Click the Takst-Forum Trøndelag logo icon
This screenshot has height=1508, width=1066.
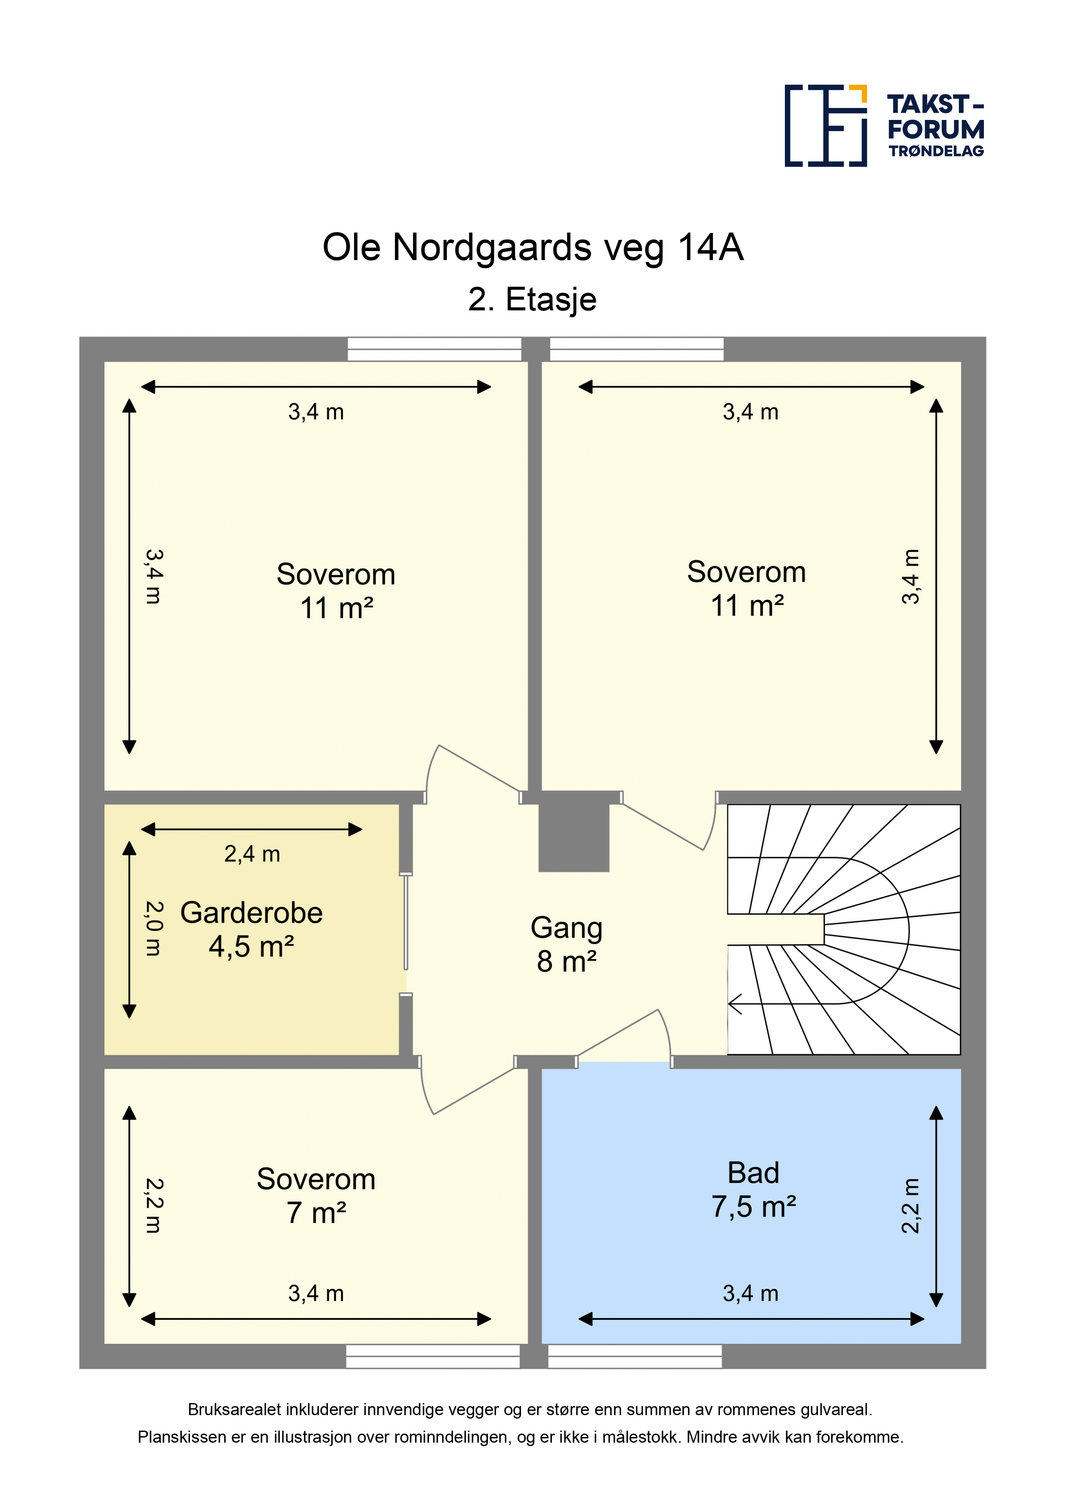tap(826, 126)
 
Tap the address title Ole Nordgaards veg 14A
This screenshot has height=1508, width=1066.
tap(533, 248)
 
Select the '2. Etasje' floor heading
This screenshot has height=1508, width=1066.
tap(532, 300)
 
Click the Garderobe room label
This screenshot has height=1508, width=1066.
tap(251, 913)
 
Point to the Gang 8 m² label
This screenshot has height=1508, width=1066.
tap(566, 944)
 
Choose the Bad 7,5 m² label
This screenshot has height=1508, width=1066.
tap(754, 1189)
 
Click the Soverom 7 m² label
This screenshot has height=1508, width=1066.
tap(316, 1195)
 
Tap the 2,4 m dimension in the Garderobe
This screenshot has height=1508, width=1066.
tap(252, 854)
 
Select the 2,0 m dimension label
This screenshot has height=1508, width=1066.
tap(153, 928)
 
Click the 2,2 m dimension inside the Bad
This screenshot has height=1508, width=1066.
tap(910, 1206)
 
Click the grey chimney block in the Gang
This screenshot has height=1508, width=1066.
tap(573, 837)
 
